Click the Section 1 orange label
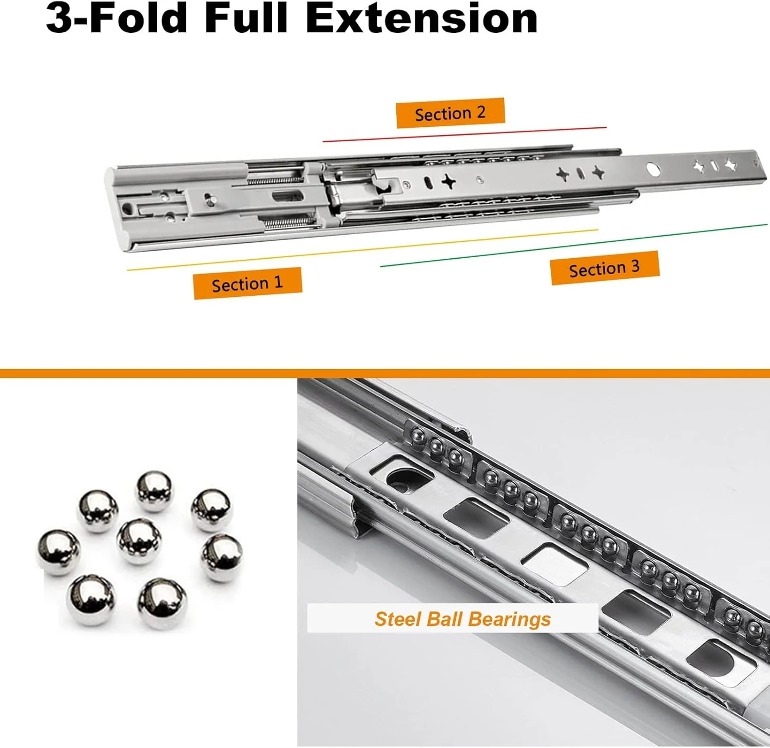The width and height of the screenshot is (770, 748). [x=247, y=283]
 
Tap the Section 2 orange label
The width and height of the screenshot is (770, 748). [x=450, y=113]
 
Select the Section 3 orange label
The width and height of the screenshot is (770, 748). [x=605, y=267]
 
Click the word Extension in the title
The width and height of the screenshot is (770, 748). [x=421, y=18]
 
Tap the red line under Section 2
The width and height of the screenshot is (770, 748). [x=465, y=134]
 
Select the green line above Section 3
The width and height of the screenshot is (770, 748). [x=574, y=245]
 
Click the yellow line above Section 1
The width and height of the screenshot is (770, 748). [x=362, y=250]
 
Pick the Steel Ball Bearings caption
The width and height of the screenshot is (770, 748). [x=463, y=619]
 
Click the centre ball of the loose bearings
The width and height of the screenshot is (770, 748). [x=139, y=541]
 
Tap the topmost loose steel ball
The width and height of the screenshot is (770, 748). [x=155, y=491]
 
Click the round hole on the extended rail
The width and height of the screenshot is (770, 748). [x=653, y=170]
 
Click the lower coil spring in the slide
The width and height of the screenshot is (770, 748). [x=285, y=222]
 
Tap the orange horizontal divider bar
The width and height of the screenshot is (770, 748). [x=385, y=373]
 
